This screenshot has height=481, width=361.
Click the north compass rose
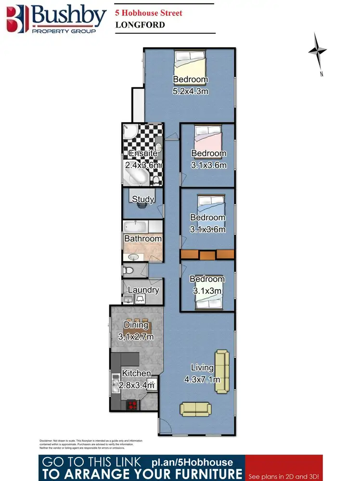coord(318,51)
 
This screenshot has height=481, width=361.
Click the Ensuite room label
coord(142,154)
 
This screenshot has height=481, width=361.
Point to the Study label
coord(142,199)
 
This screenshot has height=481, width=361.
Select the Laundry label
coord(143,290)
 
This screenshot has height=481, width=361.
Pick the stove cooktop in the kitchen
coord(132,405)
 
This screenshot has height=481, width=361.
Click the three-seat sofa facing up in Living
coord(195,409)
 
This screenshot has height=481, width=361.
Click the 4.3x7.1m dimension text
coord(202,380)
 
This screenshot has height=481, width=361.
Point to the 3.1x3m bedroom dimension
coord(207,291)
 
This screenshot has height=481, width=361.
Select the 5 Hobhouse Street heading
coord(149,13)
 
